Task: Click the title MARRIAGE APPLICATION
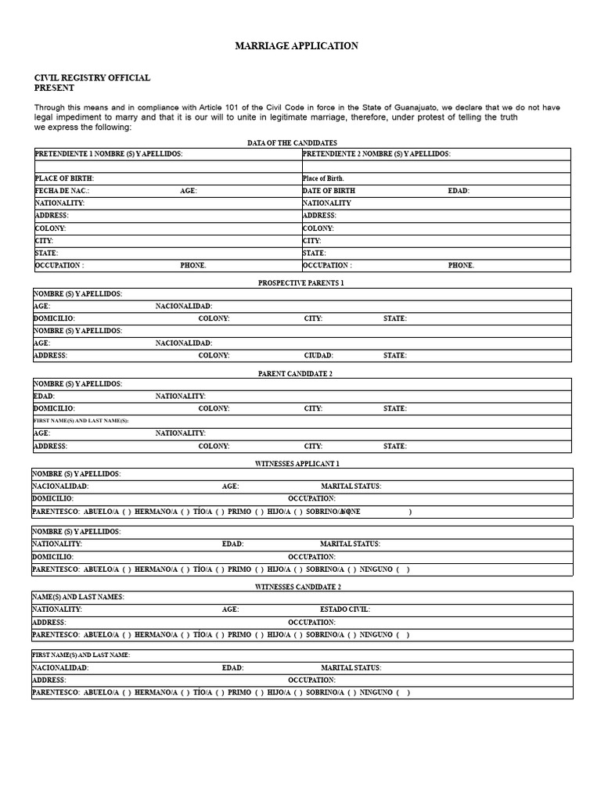297,46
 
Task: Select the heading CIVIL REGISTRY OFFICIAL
92,78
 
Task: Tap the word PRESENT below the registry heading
54,88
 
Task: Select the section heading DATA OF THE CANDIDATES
292,142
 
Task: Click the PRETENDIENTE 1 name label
109,154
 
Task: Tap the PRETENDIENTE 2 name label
376,154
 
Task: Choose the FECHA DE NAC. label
62,191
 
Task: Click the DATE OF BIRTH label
329,191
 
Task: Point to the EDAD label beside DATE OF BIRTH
459,191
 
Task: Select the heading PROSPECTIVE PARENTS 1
301,282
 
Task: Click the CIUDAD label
318,355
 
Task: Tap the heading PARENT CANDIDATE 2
296,374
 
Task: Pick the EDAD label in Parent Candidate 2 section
44,397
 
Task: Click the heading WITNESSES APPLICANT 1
297,464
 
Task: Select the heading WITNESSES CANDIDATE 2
298,587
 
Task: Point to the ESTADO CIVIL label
345,609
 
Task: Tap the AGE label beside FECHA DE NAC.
188,191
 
